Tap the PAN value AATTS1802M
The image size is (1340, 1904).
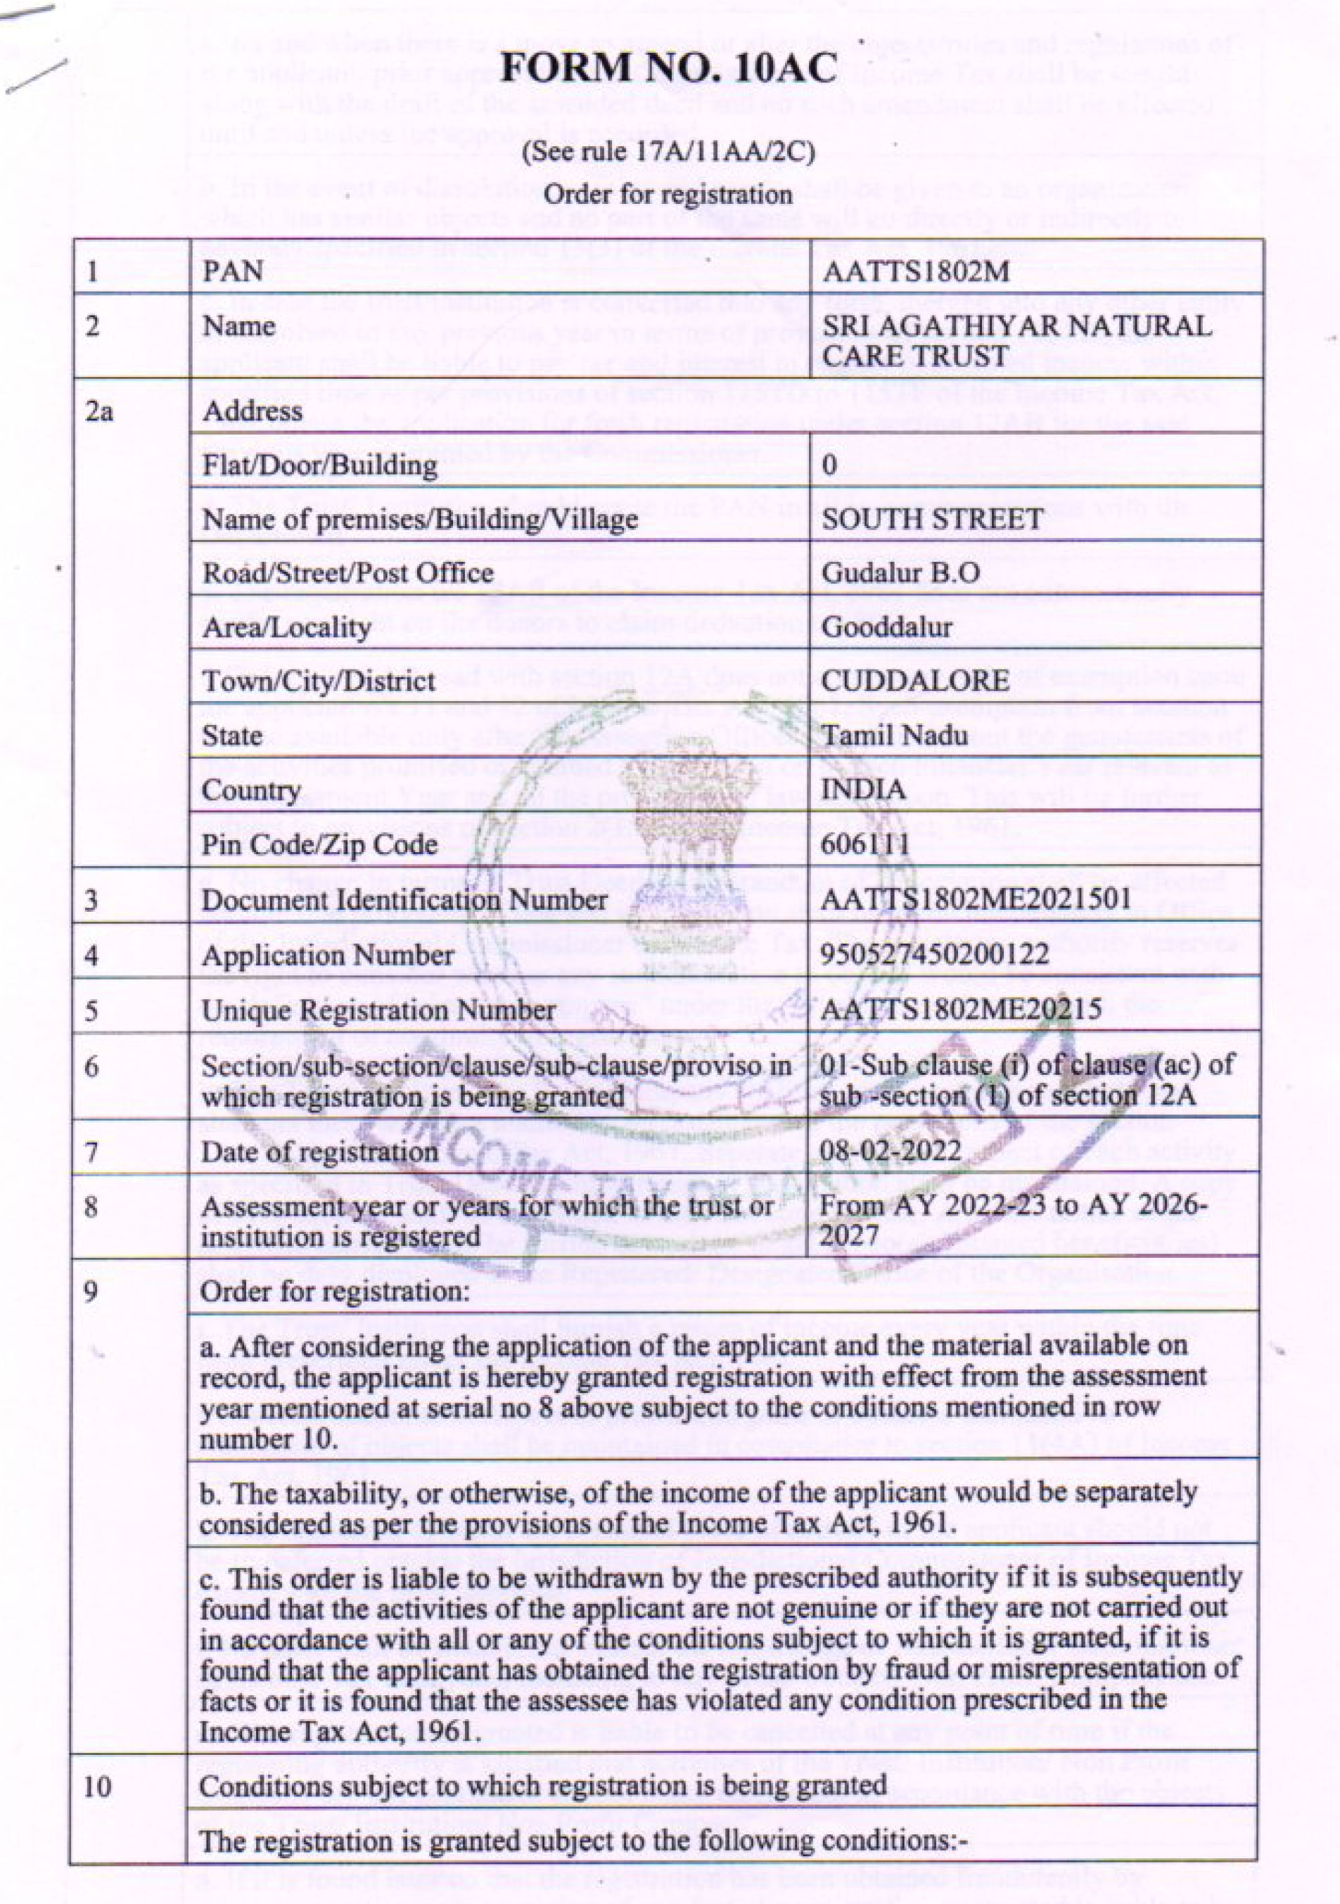click(914, 271)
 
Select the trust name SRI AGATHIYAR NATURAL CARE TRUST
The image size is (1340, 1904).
click(1016, 340)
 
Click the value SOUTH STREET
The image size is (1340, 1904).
click(932, 519)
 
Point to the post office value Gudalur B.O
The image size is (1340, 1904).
click(900, 573)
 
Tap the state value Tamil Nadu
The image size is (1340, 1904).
click(883, 735)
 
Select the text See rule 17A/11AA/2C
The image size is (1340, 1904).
click(668, 153)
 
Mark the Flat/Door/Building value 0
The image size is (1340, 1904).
click(829, 464)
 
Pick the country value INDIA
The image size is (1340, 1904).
click(863, 790)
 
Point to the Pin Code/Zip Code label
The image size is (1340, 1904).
click(319, 844)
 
